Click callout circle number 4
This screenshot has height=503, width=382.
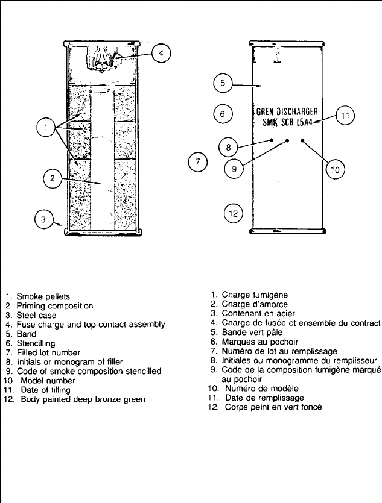(160, 54)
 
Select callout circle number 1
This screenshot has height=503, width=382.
(45, 127)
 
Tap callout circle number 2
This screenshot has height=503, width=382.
(53, 177)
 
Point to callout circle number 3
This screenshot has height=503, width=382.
(43, 219)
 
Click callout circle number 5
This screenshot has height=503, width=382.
(222, 83)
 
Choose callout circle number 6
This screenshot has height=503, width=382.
(222, 113)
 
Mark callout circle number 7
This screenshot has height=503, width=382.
(197, 162)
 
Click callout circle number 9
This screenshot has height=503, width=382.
(234, 170)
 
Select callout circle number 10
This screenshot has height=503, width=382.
(335, 170)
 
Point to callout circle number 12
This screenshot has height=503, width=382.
(233, 213)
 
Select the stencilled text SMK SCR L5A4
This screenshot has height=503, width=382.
(290, 122)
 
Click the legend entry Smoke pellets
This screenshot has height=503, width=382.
(43, 297)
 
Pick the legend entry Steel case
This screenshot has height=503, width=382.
(38, 315)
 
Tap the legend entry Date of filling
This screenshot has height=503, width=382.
(44, 390)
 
